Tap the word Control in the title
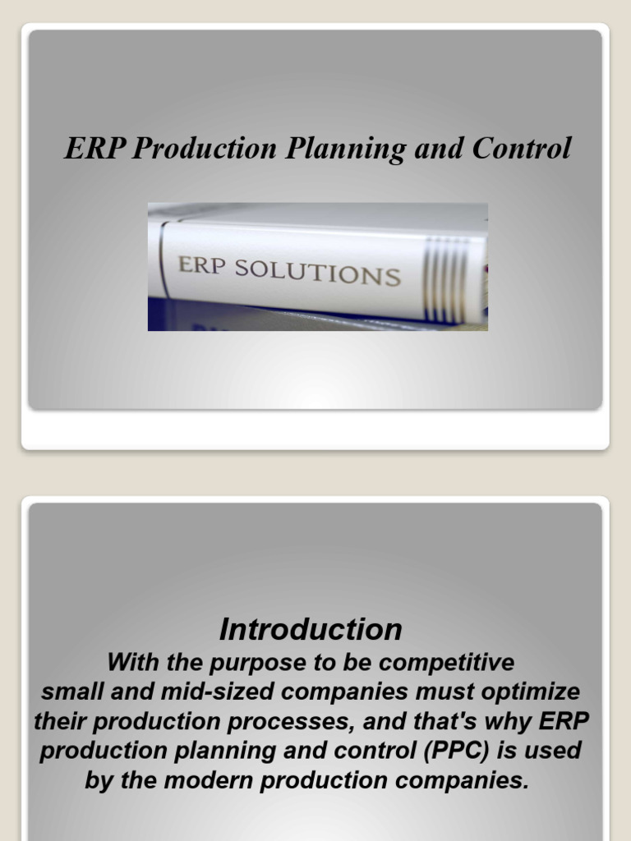point(521,149)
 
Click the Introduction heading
point(311,630)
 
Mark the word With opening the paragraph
point(131,661)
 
